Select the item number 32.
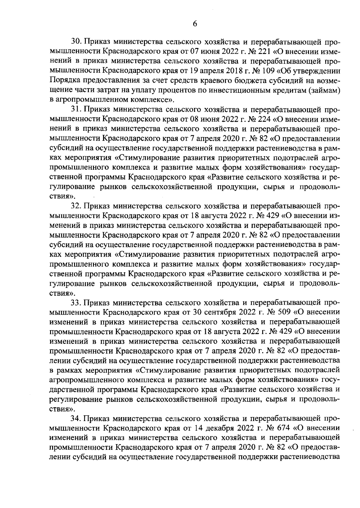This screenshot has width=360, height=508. [x=76, y=206]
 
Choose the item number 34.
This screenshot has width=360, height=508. [x=76, y=419]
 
